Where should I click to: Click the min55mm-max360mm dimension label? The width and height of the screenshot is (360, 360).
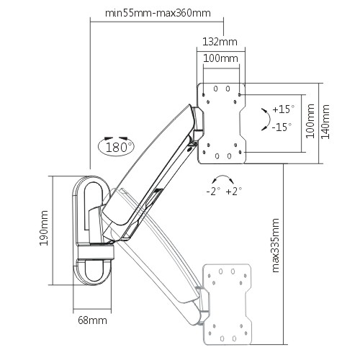[158, 13]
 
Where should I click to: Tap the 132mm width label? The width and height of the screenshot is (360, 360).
[220, 42]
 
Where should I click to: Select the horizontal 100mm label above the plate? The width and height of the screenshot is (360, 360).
[221, 58]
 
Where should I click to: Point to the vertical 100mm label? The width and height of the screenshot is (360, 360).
[310, 121]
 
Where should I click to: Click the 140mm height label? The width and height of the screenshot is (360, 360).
[325, 122]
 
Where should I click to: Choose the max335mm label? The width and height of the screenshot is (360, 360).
[276, 246]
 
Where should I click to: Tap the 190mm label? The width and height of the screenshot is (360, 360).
[44, 228]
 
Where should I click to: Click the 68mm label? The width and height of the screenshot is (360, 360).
[92, 320]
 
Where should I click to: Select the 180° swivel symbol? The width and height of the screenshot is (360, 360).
[117, 146]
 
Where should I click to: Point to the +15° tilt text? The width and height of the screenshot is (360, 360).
[284, 109]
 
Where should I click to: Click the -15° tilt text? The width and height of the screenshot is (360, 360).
[282, 127]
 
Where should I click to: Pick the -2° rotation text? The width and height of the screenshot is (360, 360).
[213, 192]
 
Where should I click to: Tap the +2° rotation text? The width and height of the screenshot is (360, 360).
[234, 192]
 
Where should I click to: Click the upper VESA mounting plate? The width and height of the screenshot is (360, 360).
[222, 124]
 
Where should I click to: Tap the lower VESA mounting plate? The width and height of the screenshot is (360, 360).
[228, 305]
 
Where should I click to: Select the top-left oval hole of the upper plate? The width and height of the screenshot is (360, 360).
[215, 89]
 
